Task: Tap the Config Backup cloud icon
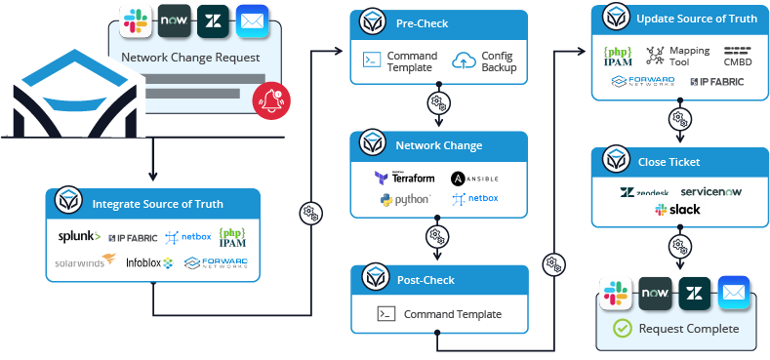[465, 60]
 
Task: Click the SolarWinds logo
[85, 260]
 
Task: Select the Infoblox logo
[148, 261]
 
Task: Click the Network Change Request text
[190, 58]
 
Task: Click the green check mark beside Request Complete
[621, 329]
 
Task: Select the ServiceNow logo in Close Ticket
[710, 191]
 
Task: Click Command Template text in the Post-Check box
[452, 314]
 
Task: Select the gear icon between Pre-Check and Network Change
[437, 102]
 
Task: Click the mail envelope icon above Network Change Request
[250, 21]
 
